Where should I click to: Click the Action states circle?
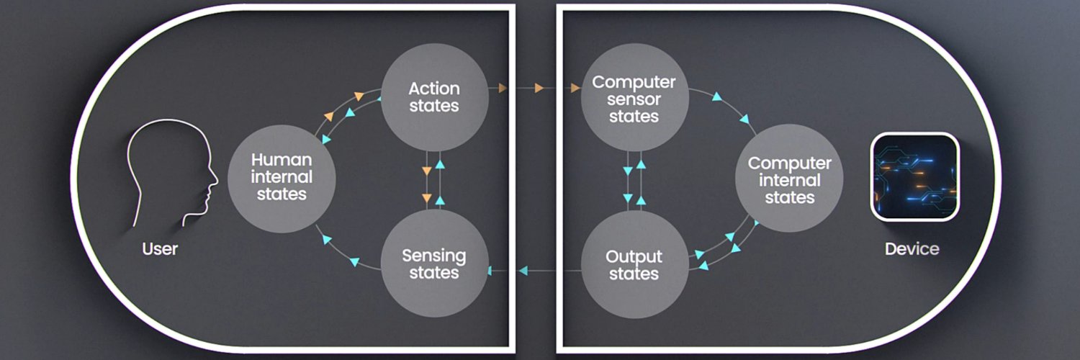pos(433,97)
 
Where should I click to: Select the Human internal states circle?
pos(281,176)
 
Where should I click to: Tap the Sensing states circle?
pos(433,264)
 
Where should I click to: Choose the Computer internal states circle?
pos(789,180)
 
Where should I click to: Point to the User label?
pos(160,250)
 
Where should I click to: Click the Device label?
pos(912,249)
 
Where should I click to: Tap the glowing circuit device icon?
pos(915,176)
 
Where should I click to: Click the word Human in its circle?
pos(282,159)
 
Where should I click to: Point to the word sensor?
pos(634,99)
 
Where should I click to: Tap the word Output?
pos(634,256)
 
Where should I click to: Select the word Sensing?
pos(433,256)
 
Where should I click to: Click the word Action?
pos(433,89)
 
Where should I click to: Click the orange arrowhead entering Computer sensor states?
pos(575,89)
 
